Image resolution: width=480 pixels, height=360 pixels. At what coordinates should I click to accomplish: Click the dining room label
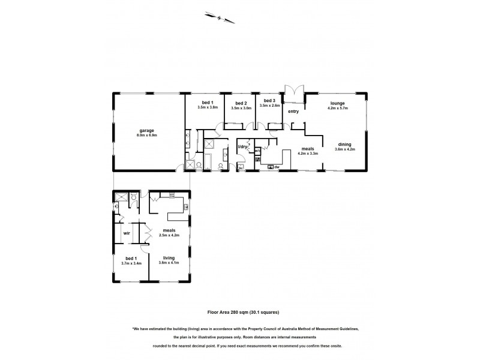[344, 143]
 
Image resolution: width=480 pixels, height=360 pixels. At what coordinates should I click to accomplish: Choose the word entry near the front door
[293, 112]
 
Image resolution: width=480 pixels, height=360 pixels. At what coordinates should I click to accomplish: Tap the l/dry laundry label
[243, 146]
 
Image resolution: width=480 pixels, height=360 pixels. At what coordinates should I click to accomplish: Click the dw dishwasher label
[278, 167]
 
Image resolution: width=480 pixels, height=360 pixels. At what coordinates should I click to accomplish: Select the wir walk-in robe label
[127, 233]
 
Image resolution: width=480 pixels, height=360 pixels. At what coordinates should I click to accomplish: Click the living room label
[169, 257]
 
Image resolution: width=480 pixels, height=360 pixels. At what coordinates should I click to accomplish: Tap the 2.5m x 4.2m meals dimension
[169, 235]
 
